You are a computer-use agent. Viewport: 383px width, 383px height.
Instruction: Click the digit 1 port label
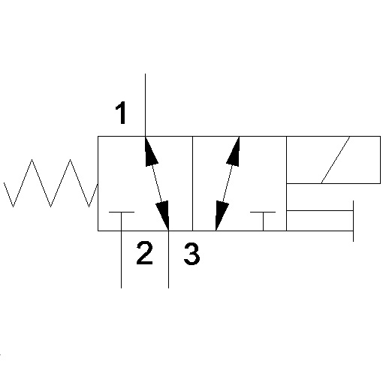click(x=121, y=113)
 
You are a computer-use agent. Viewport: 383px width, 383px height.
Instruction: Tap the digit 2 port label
click(x=145, y=253)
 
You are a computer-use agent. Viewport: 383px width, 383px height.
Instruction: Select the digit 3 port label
click(x=191, y=254)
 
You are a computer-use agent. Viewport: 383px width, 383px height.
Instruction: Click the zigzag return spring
click(x=50, y=183)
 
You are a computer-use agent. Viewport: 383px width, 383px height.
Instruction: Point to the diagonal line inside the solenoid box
click(x=336, y=160)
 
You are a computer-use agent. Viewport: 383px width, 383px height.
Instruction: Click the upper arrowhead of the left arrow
click(x=151, y=151)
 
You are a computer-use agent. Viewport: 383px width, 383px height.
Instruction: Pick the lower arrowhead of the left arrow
click(x=163, y=216)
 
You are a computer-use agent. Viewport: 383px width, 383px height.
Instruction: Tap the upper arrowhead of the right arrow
click(x=234, y=151)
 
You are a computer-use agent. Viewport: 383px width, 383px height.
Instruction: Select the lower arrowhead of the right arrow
click(x=222, y=216)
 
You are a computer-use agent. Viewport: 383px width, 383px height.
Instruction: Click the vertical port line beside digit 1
click(x=145, y=105)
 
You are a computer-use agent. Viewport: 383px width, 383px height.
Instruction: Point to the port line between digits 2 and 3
click(x=168, y=259)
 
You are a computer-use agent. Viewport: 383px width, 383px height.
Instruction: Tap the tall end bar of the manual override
click(x=353, y=221)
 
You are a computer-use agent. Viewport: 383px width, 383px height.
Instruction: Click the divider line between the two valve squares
click(x=192, y=183)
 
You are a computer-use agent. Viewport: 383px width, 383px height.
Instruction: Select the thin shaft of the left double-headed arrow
click(x=157, y=183)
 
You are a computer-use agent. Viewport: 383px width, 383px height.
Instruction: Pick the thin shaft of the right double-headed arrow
click(x=228, y=183)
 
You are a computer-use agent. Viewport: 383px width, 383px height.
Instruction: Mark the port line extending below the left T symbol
click(x=122, y=259)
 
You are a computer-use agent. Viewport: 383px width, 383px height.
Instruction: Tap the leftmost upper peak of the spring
click(x=32, y=159)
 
